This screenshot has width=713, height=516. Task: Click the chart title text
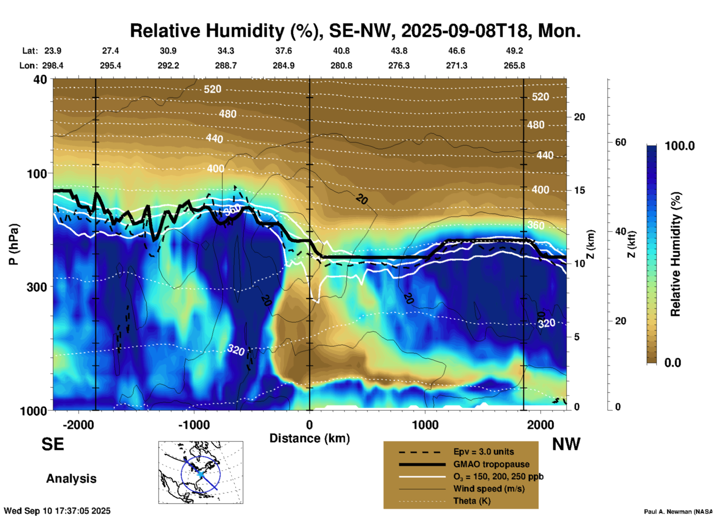pyautogui.click(x=355, y=31)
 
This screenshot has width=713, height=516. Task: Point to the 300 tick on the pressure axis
pyautogui.click(x=37, y=287)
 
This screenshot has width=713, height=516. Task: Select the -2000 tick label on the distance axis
pyautogui.click(x=78, y=425)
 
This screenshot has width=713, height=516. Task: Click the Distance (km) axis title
pyautogui.click(x=309, y=438)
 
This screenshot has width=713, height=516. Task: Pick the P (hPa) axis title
pyautogui.click(x=14, y=244)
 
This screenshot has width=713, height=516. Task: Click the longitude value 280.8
pyautogui.click(x=341, y=66)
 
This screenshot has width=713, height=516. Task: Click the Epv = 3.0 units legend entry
pyautogui.click(x=483, y=452)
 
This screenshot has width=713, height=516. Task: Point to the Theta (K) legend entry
pyautogui.click(x=472, y=501)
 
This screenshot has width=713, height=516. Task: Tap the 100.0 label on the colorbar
pyautogui.click(x=680, y=146)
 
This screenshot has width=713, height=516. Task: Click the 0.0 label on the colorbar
pyautogui.click(x=673, y=362)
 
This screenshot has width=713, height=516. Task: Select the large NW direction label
pyautogui.click(x=566, y=444)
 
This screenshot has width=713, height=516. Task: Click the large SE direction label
pyautogui.click(x=53, y=444)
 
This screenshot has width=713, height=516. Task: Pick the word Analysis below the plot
pyautogui.click(x=71, y=479)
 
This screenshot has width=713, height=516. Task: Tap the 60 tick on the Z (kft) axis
pyautogui.click(x=620, y=142)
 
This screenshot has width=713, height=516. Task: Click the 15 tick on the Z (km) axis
pyautogui.click(x=579, y=190)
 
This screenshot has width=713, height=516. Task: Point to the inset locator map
pyautogui.click(x=201, y=472)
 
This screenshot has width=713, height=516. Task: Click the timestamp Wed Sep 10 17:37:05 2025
pyautogui.click(x=57, y=511)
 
